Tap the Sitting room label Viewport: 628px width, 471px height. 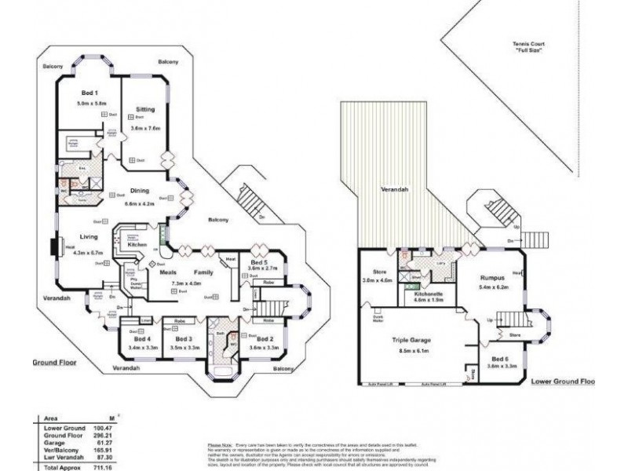point(146,111)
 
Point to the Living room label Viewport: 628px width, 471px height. point(87,236)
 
